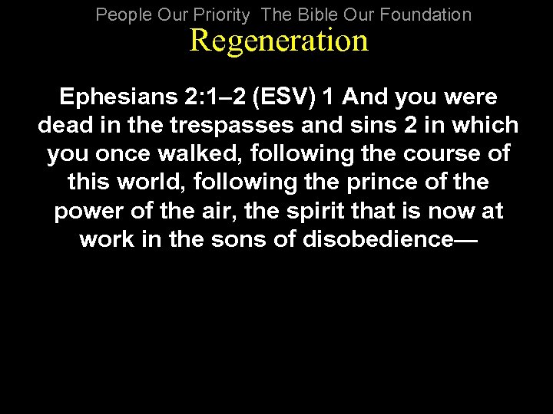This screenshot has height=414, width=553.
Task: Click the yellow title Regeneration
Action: [279, 41]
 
